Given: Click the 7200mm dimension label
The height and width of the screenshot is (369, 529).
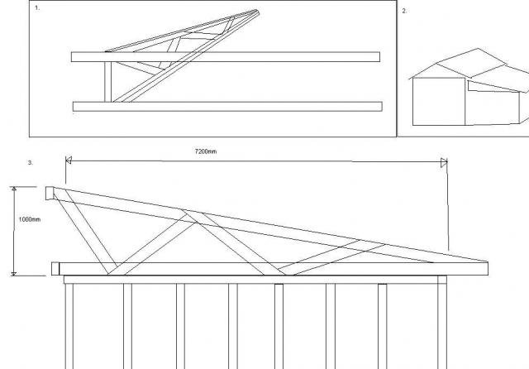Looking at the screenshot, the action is (x=206, y=151).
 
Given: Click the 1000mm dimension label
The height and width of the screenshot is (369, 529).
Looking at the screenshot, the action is (x=30, y=219).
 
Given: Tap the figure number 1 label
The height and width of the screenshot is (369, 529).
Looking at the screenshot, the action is (x=37, y=8).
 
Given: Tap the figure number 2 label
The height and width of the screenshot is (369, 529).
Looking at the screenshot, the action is (x=404, y=11).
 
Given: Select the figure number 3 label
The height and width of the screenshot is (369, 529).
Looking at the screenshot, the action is (x=31, y=163).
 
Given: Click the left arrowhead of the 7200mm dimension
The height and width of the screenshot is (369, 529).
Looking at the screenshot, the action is (x=68, y=160).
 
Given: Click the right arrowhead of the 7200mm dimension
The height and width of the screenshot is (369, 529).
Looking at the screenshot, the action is (x=444, y=163).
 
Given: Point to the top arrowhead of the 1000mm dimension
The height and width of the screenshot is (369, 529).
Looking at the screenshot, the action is (x=14, y=189).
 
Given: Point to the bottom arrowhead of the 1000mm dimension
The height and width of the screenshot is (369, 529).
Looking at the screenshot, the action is (x=14, y=274).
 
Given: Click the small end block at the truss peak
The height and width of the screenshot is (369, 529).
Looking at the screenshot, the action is (x=50, y=193).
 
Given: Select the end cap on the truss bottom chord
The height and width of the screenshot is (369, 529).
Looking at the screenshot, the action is (x=55, y=269).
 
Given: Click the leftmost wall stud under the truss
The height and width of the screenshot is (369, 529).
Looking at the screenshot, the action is (x=69, y=326).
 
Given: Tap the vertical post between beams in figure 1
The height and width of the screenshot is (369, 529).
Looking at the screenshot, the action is (x=108, y=82).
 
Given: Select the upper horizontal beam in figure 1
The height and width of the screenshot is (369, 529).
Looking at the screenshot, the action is (x=226, y=57).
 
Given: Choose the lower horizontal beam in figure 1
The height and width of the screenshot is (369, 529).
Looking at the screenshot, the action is (x=228, y=107).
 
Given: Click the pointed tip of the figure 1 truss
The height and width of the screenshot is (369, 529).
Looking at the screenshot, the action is (x=258, y=12).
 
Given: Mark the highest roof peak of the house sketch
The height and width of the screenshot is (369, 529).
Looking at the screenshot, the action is (x=478, y=49).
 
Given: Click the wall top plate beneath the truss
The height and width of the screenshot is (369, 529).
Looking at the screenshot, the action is (x=255, y=280).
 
